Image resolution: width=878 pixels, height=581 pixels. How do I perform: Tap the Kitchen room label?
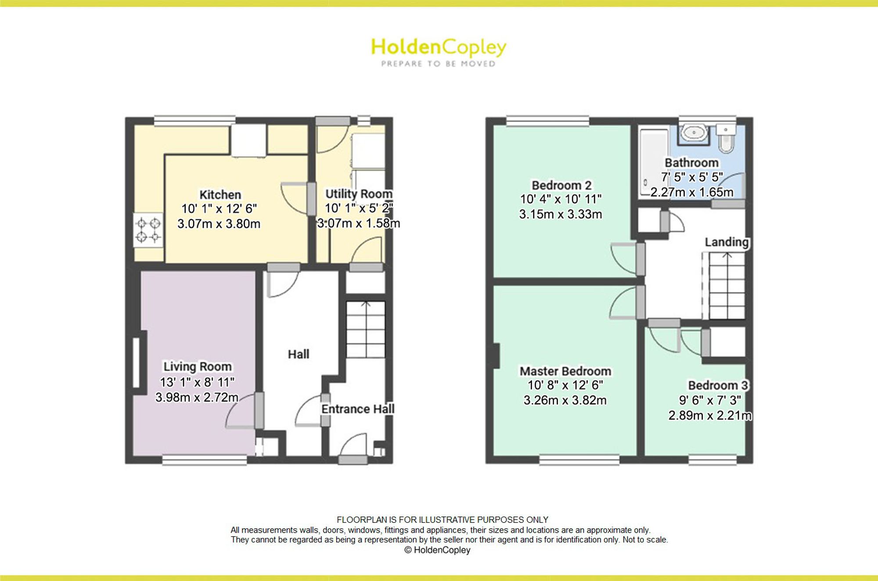coord(220,194)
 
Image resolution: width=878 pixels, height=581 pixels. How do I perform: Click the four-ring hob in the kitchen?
coord(148,231)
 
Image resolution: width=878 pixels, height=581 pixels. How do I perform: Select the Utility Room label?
coord(359,194)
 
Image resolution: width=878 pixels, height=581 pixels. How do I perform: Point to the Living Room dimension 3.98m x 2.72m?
coord(197,397)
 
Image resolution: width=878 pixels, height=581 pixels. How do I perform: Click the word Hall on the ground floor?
coord(299,354)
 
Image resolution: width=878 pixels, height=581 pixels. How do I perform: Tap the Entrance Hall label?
coord(358,409)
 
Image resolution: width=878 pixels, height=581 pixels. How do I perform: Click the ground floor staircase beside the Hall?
coord(366,329)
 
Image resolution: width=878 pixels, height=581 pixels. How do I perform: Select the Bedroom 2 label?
coord(561,185)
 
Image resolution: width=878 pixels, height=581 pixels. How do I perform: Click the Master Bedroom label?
coord(565,371)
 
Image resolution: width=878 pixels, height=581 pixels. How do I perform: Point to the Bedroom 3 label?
coord(718,385)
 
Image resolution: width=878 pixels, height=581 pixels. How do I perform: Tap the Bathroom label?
coord(691,163)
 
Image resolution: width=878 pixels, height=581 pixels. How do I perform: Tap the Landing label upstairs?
coord(727,242)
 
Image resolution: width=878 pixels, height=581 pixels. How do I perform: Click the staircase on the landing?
coord(725,285)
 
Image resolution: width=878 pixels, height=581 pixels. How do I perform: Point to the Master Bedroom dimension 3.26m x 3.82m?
coord(565,400)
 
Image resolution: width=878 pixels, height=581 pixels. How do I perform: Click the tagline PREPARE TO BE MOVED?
coord(439,64)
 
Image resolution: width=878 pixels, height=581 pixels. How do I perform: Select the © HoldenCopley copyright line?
coord(437,550)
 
